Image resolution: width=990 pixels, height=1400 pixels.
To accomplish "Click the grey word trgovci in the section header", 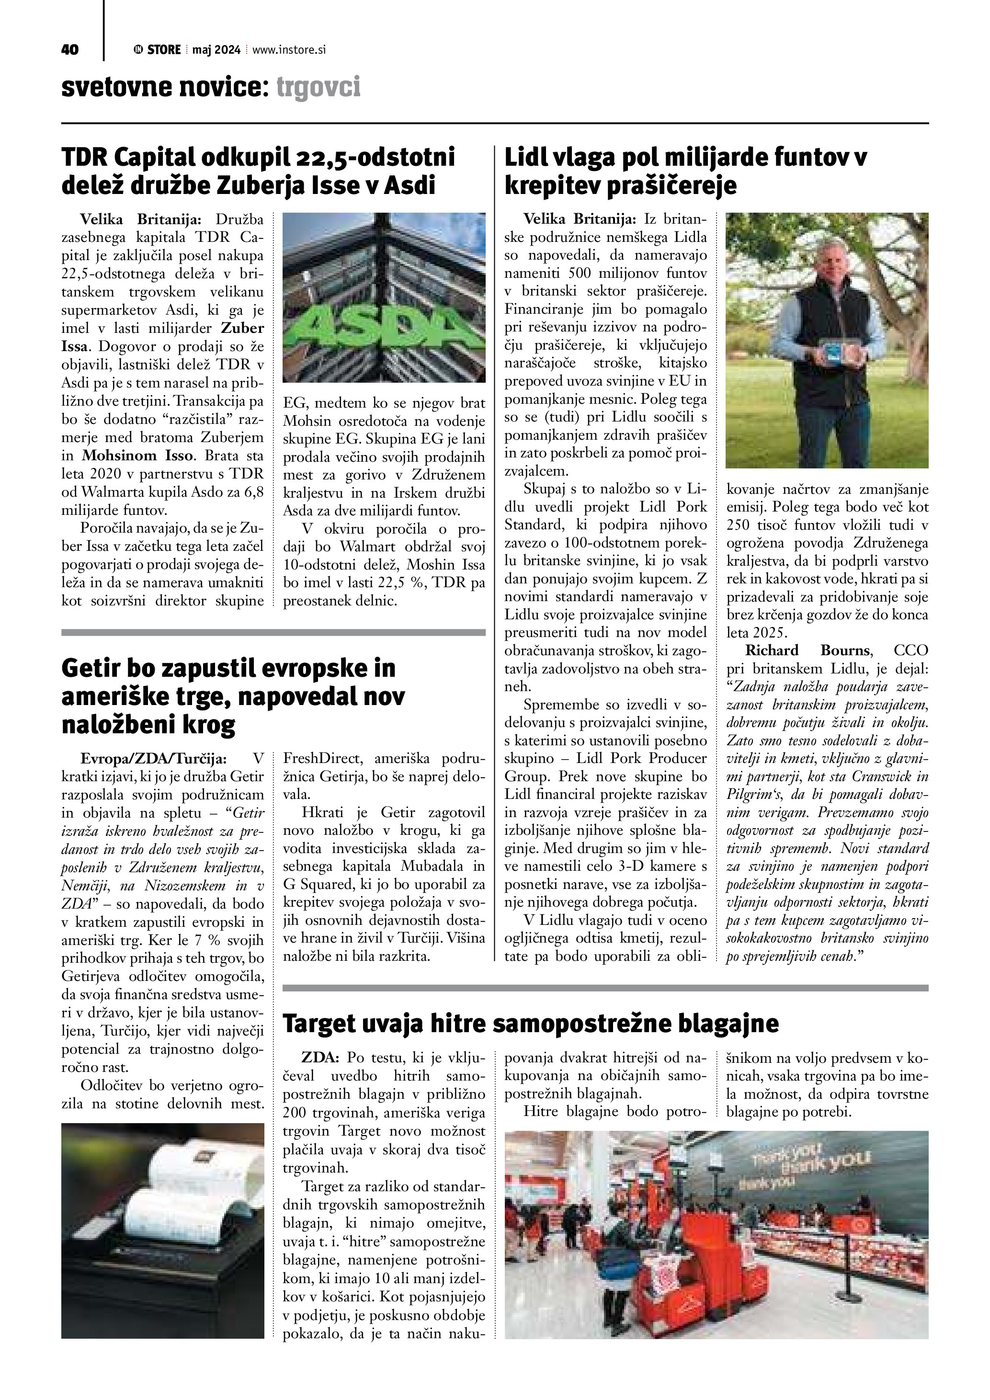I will (318, 87).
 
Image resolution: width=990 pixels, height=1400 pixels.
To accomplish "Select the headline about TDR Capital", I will (259, 171).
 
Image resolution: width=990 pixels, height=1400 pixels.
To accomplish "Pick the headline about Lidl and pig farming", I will (686, 171).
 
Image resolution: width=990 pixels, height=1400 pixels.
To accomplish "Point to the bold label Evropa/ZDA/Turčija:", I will (154, 759).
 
